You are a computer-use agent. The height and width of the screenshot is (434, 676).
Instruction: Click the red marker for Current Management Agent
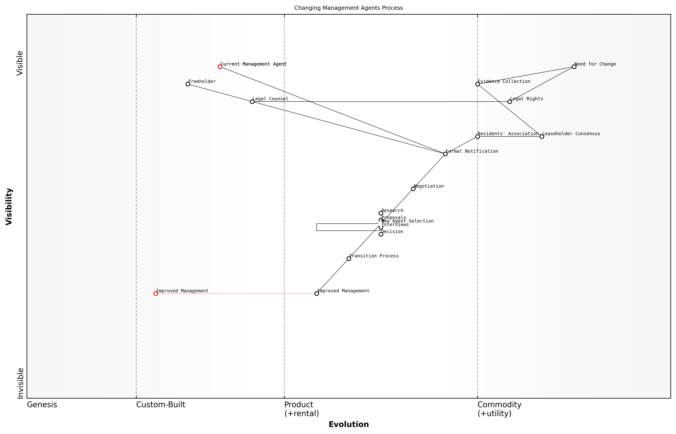tap(220, 67)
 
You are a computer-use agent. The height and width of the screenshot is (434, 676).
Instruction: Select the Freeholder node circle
tap(188, 84)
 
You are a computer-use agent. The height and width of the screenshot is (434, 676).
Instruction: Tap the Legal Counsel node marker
tap(252, 102)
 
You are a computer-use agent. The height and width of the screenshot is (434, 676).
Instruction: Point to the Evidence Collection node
tap(477, 84)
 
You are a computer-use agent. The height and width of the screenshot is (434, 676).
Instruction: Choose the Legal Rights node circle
tap(509, 102)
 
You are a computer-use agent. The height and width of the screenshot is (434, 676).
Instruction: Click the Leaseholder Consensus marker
tap(542, 137)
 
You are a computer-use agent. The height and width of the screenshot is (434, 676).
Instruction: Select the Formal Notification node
tap(445, 154)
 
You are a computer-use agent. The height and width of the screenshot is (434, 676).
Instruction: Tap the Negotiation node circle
tap(413, 189)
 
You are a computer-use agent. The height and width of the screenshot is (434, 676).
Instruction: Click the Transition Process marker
tap(349, 259)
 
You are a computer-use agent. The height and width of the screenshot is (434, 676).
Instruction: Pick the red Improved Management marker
tap(156, 294)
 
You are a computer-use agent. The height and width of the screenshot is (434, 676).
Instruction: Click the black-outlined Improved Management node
tap(317, 294)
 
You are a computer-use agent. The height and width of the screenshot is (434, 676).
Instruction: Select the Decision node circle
tap(381, 234)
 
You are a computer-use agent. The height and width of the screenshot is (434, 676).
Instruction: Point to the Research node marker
tap(381, 213)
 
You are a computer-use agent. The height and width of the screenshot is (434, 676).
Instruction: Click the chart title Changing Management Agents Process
tap(348, 8)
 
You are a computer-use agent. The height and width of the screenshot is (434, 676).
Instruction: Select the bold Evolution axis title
tap(348, 424)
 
